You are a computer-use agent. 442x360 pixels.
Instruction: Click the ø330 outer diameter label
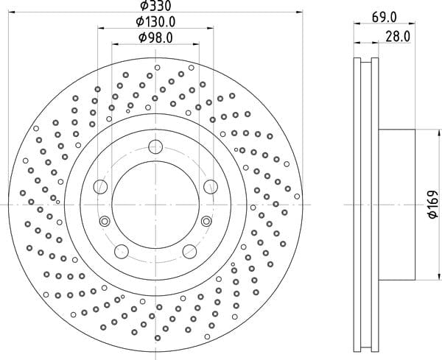(156, 6)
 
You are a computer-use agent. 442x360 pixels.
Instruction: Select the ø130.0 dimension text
(155, 21)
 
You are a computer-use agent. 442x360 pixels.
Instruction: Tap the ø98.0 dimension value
(155, 38)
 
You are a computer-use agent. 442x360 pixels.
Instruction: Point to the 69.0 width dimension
(385, 18)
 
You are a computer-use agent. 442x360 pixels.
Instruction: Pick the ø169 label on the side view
(433, 205)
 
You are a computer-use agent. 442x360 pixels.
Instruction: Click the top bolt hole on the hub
(155, 147)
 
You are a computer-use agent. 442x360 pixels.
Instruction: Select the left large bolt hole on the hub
(100, 186)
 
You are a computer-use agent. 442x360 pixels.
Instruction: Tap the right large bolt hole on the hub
(211, 186)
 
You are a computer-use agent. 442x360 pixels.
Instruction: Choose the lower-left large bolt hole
(122, 251)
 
